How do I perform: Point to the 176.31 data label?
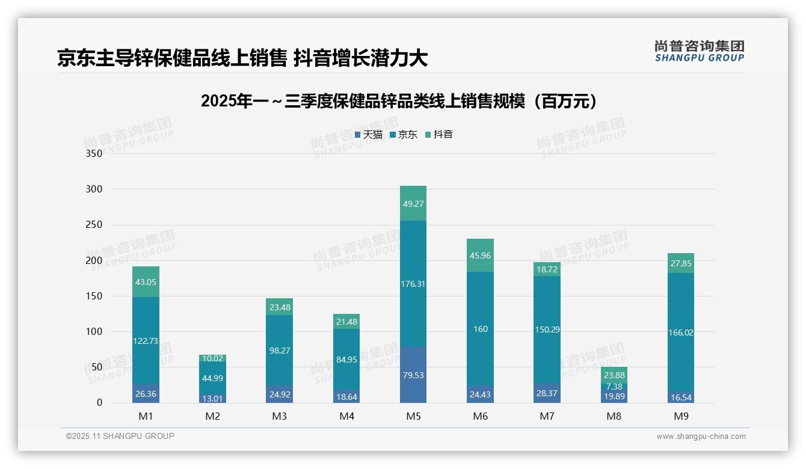pyautogui.click(x=413, y=284)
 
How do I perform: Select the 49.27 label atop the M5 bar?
pyautogui.click(x=413, y=204)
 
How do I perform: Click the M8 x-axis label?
pyautogui.click(x=614, y=416)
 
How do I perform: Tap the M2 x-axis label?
pyautogui.click(x=213, y=416)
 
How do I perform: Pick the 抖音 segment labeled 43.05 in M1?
pyautogui.click(x=146, y=283)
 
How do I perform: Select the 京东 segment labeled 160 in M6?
pyautogui.click(x=480, y=329)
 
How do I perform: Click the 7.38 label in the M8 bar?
pyautogui.click(x=614, y=386)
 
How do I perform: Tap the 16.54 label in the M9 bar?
pyautogui.click(x=680, y=397)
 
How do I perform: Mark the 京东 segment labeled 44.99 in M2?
pyautogui.click(x=213, y=378)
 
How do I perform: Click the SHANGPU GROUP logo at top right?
pyautogui.click(x=699, y=51)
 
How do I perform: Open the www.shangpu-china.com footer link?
pyautogui.click(x=701, y=437)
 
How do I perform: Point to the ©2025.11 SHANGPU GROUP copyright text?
pyautogui.click(x=120, y=436)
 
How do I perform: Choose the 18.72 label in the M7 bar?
pyautogui.click(x=547, y=270)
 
